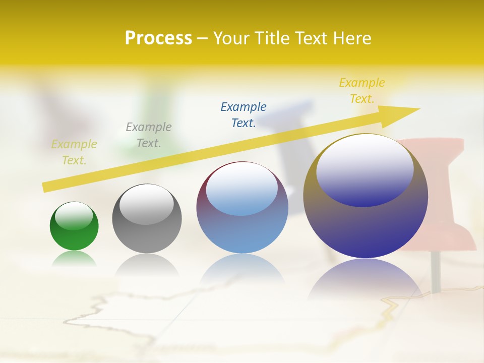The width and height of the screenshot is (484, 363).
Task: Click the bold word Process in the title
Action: coord(158,38)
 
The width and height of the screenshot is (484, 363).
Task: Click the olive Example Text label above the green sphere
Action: coord(74,152)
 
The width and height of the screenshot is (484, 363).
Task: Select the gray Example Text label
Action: coord(148,135)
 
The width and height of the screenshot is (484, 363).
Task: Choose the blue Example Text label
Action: coord(244,115)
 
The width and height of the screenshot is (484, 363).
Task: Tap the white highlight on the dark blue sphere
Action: coord(365,169)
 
